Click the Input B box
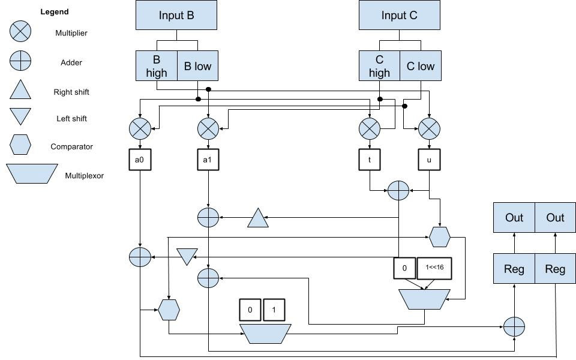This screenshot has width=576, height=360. click(x=176, y=15)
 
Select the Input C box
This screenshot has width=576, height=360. click(x=399, y=15)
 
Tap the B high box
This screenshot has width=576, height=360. click(x=157, y=66)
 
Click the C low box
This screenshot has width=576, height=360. click(x=420, y=66)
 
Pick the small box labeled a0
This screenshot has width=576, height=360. click(x=139, y=160)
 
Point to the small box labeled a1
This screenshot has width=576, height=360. click(x=208, y=160)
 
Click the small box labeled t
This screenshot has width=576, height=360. click(x=369, y=160)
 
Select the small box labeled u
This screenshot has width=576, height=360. click(x=429, y=160)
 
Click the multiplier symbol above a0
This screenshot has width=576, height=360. click(x=140, y=128)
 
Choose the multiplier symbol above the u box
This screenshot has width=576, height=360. click(x=429, y=128)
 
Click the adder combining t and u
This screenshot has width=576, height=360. click(x=398, y=191)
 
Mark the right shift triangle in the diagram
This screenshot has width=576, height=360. click(x=258, y=218)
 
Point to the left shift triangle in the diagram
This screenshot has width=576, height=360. click(x=187, y=256)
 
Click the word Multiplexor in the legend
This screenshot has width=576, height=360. click(x=84, y=176)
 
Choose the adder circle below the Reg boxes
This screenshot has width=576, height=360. click(x=514, y=327)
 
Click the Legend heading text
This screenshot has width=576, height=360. click(x=55, y=11)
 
